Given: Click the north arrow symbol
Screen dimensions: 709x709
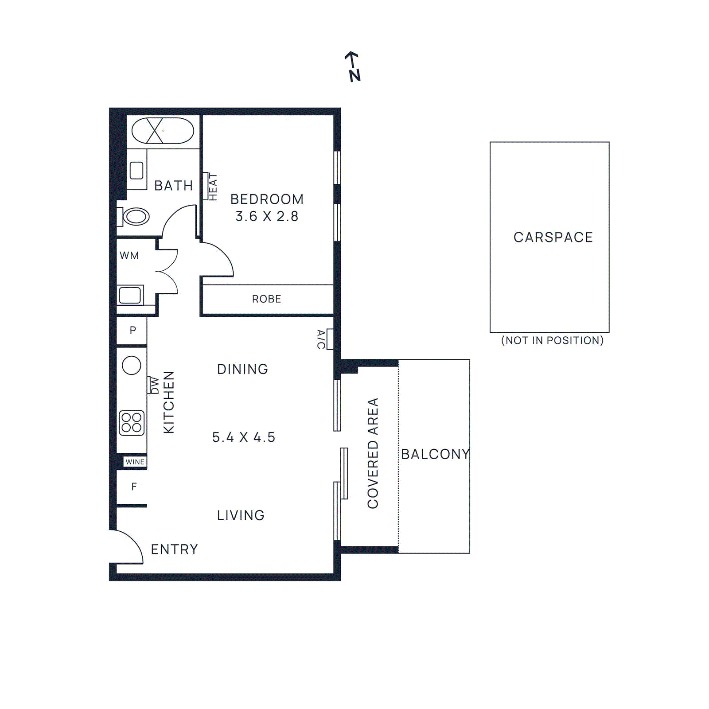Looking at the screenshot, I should click(x=353, y=66).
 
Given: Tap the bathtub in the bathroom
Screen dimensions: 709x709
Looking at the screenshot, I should click(x=163, y=130).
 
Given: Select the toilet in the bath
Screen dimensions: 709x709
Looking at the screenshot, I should click(x=135, y=217).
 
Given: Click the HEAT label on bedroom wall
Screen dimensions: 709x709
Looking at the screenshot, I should click(x=213, y=187).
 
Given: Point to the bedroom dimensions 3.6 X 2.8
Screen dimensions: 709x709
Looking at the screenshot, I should click(x=267, y=216).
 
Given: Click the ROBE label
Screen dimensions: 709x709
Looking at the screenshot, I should click(x=266, y=299).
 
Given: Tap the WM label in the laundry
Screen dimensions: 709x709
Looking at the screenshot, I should click(x=129, y=256).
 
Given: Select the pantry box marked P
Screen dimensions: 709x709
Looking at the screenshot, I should click(x=132, y=330).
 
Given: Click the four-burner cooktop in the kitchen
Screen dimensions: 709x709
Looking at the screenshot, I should click(x=132, y=422).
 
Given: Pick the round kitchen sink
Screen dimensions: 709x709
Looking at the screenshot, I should click(x=132, y=366).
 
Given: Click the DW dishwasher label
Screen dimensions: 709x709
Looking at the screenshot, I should click(x=154, y=385).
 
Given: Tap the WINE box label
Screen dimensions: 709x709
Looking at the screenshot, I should click(x=135, y=462).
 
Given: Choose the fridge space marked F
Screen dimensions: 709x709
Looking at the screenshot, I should click(x=133, y=487).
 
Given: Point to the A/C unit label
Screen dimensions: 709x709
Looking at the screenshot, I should click(x=321, y=339).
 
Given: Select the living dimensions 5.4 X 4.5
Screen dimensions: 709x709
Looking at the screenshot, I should click(x=243, y=437).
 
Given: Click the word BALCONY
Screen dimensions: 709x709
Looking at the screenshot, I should click(x=435, y=454).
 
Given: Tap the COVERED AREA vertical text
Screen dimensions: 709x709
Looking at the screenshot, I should click(x=373, y=453).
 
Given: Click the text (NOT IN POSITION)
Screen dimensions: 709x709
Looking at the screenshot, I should click(x=552, y=340).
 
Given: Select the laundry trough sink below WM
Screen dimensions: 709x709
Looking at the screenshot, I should click(x=130, y=295).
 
